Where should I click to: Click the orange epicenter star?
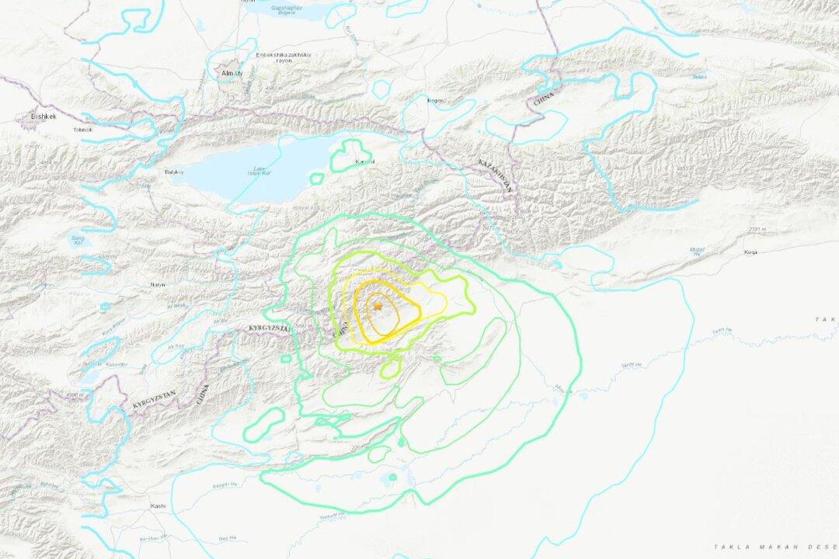point(378,307)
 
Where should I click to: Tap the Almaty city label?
point(233,73)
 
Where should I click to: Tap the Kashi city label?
point(158,506)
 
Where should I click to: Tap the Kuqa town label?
point(750,252)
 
